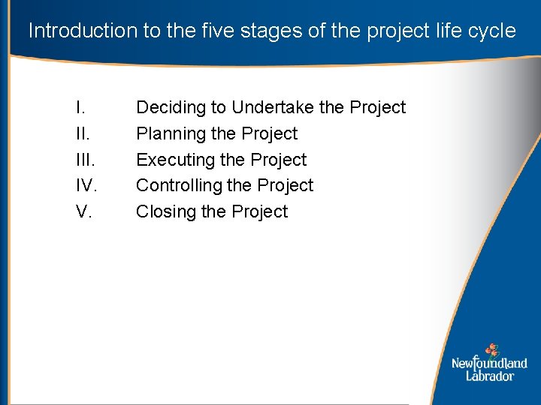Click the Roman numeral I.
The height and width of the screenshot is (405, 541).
[x=79, y=108]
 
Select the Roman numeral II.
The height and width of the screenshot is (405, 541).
[x=82, y=133]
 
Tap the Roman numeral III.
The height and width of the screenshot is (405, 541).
[x=85, y=160]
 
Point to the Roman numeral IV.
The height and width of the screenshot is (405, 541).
[x=86, y=185]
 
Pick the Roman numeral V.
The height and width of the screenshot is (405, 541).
[x=84, y=211]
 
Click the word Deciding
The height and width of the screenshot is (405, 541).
[x=171, y=108]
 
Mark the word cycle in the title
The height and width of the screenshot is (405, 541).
[x=494, y=31]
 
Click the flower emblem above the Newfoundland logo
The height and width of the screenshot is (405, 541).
[x=491, y=349]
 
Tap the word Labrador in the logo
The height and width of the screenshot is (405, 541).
[x=489, y=376]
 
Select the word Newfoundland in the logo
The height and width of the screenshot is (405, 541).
[x=489, y=364]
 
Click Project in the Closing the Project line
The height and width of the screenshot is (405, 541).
[x=259, y=211]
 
